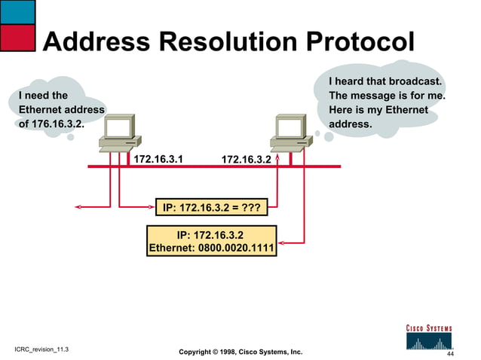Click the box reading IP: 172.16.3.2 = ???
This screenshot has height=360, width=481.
[212, 206]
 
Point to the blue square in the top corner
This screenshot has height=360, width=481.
[17, 11]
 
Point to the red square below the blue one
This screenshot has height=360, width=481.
[17, 37]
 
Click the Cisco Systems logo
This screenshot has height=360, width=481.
[429, 337]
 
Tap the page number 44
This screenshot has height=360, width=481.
[450, 353]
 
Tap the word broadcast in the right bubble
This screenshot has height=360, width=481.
[413, 81]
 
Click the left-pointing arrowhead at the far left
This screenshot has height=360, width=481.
[77, 205]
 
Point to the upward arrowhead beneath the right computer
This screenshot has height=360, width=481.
[278, 159]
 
